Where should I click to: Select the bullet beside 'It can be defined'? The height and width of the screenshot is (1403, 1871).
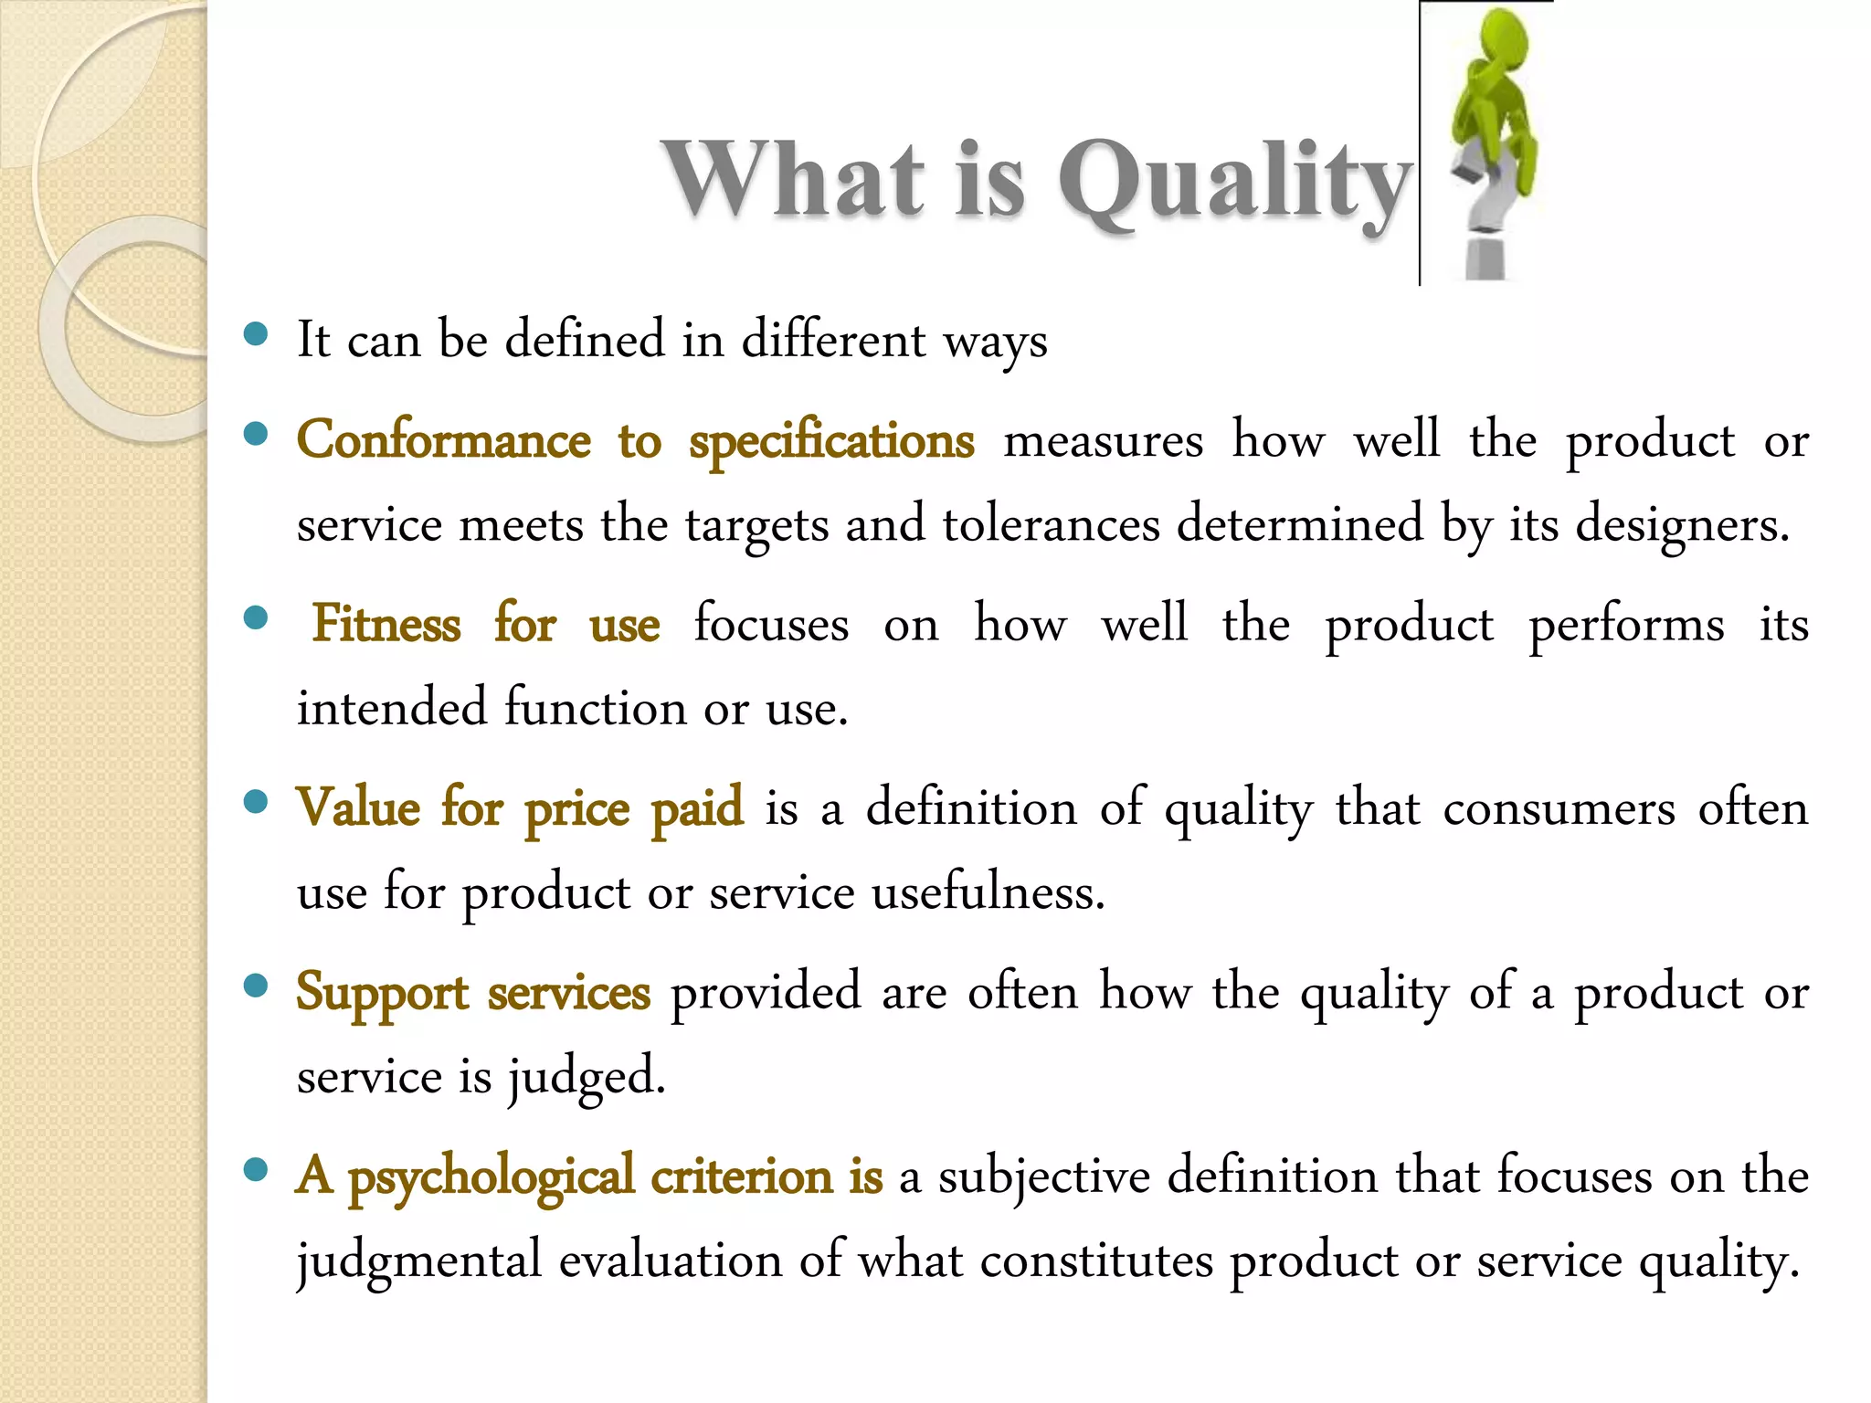tap(256, 334)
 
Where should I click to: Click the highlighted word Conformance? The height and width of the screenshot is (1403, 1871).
tap(444, 440)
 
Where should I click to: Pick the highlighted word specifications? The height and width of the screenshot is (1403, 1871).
tap(831, 442)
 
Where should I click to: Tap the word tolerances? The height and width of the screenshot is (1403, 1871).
tap(1051, 524)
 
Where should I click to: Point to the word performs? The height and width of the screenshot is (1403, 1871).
tap(1626, 626)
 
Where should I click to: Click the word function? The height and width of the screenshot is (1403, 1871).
tap(595, 708)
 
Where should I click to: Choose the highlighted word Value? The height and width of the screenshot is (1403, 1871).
tap(359, 807)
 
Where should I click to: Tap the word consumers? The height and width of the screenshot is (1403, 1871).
tap(1559, 809)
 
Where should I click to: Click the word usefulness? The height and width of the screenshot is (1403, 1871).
tap(988, 892)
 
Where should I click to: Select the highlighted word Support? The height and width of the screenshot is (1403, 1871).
tap(382, 994)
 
